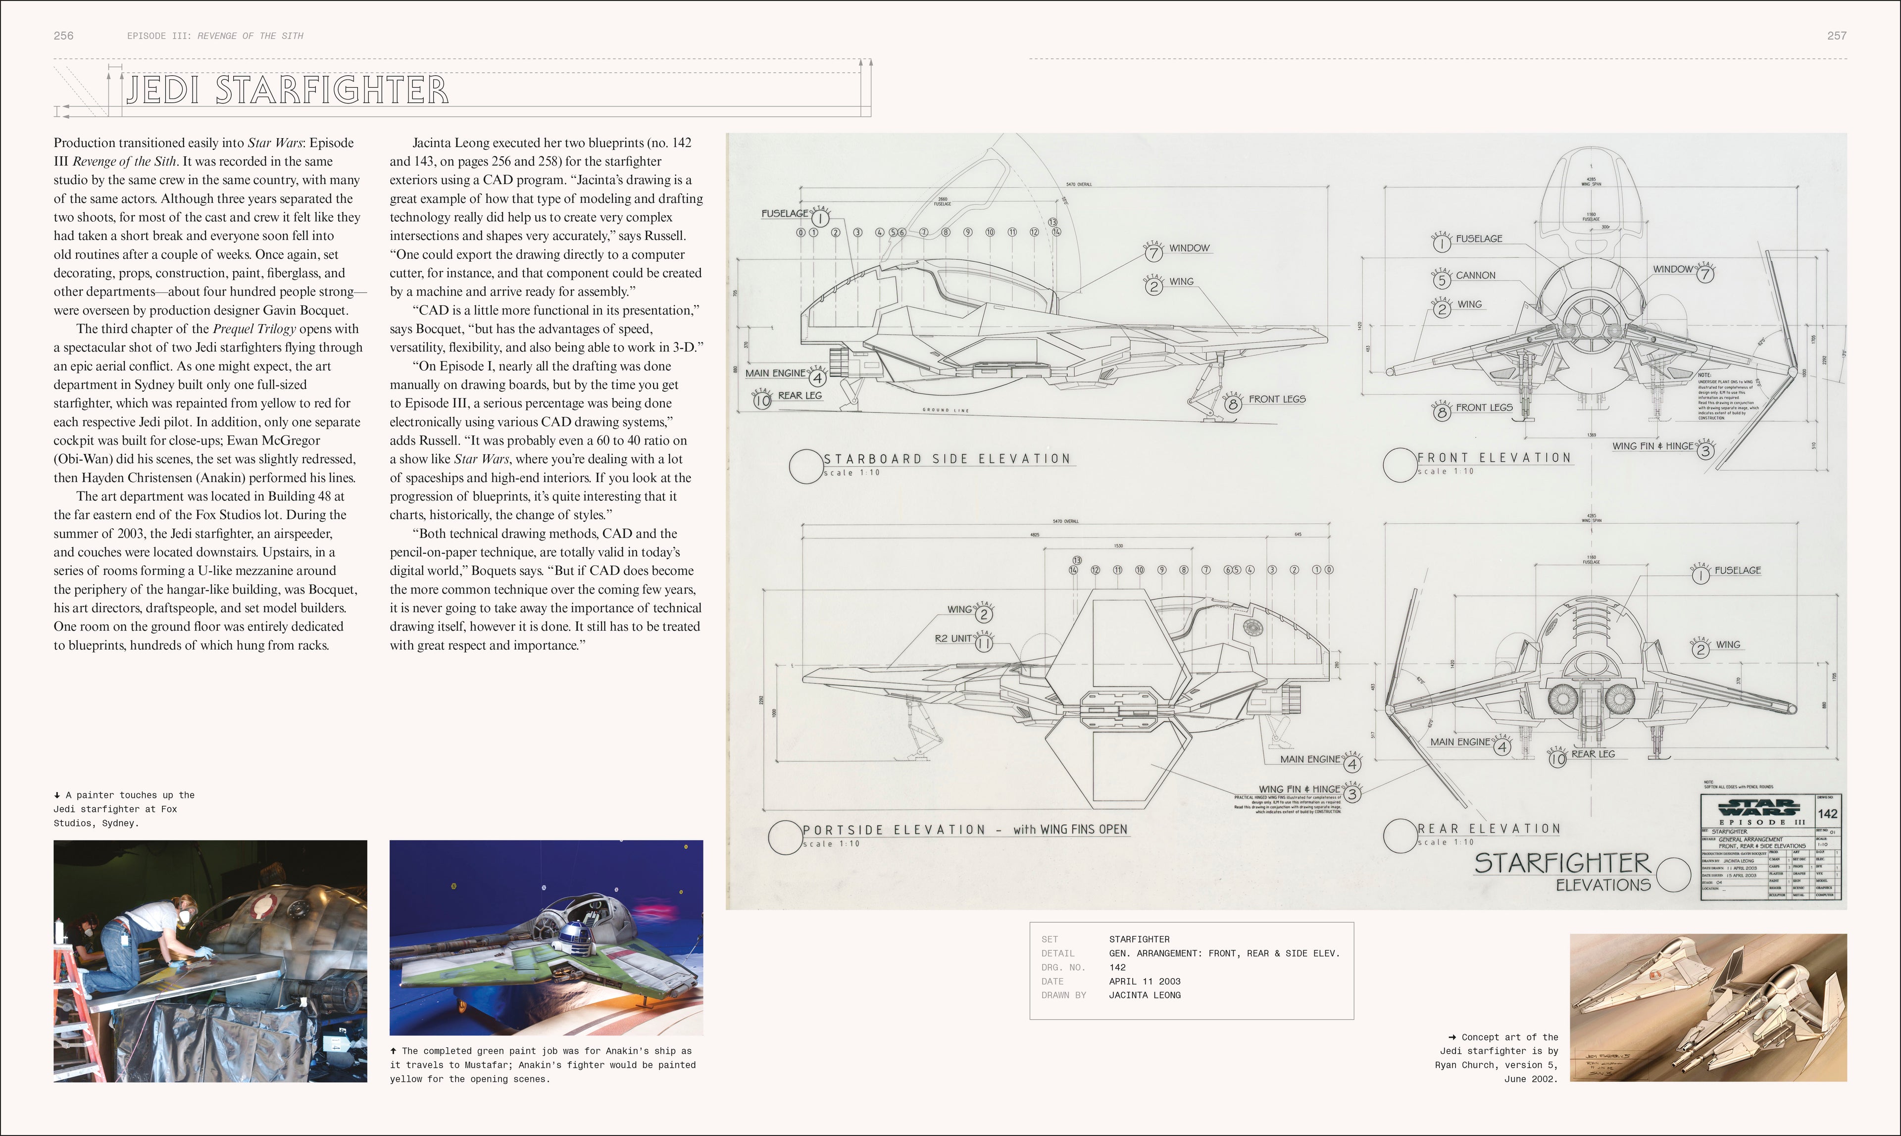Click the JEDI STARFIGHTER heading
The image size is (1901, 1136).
coord(287,90)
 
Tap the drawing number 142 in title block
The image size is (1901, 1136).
coord(1827,814)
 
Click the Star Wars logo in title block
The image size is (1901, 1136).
coord(1758,808)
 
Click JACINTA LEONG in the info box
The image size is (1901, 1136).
coord(1145,995)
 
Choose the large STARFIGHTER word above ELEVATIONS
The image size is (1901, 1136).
coord(1562,863)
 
